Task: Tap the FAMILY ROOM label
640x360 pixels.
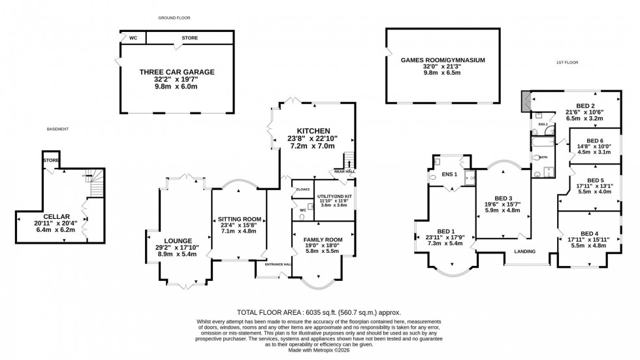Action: pyautogui.click(x=323, y=240)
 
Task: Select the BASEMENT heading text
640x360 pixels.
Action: pyautogui.click(x=57, y=129)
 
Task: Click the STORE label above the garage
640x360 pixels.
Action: pyautogui.click(x=189, y=38)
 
